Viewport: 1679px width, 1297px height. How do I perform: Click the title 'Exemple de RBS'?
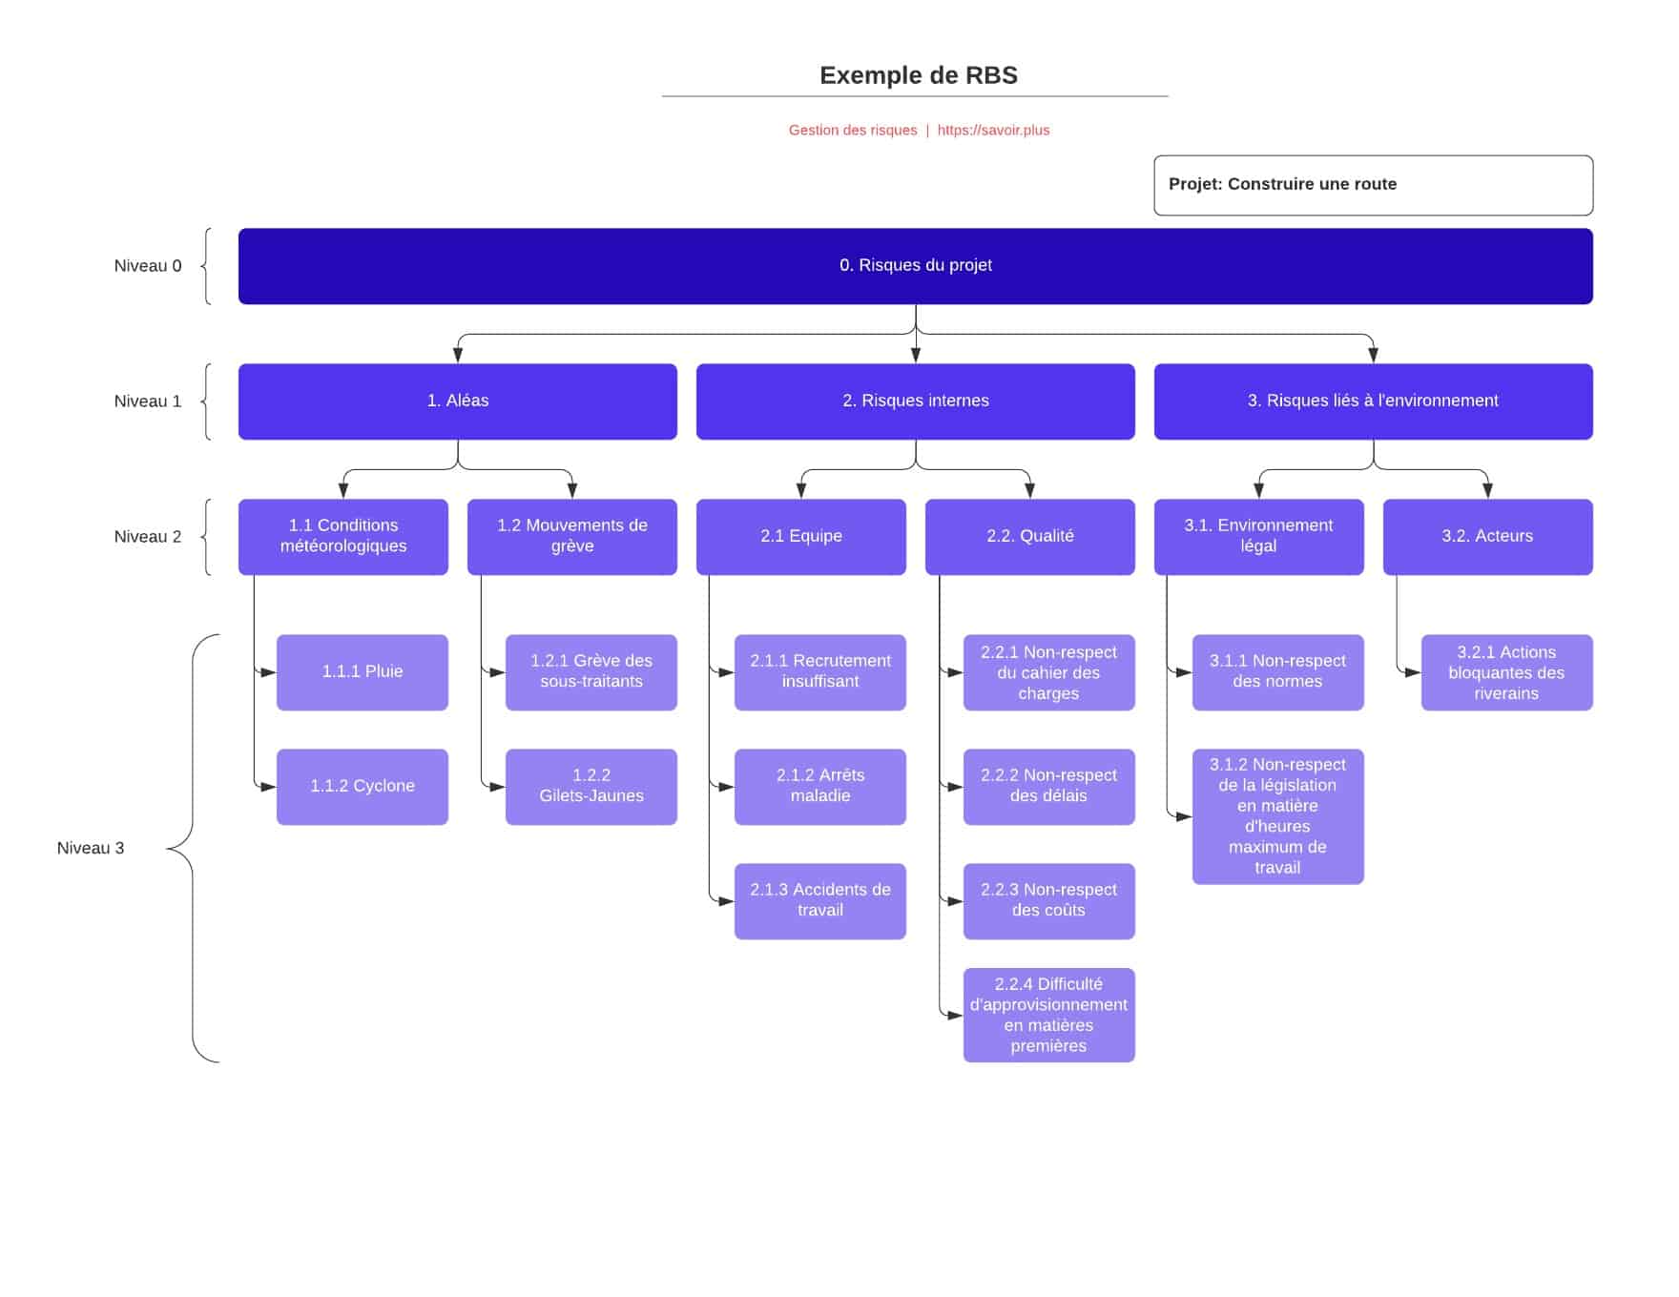click(918, 75)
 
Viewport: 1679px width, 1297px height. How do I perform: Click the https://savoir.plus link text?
click(993, 130)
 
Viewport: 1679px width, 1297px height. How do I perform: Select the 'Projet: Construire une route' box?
click(1372, 185)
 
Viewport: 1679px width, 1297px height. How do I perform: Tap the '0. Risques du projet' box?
click(915, 266)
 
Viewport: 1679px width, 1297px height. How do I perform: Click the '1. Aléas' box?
click(457, 401)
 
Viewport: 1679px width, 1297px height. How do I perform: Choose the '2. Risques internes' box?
click(915, 401)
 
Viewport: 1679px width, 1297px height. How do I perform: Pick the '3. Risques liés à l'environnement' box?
click(1372, 401)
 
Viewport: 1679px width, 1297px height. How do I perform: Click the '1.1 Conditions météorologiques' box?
click(342, 536)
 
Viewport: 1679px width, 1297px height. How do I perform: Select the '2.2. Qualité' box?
click(1029, 536)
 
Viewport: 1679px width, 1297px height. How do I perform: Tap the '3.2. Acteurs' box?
click(1486, 536)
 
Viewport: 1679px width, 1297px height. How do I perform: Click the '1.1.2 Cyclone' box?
click(362, 786)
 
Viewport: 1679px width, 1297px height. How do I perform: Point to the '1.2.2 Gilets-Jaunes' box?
click(591, 786)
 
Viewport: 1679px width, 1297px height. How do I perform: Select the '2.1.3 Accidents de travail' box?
click(819, 900)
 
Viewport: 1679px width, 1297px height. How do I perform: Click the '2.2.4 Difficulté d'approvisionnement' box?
click(1048, 1015)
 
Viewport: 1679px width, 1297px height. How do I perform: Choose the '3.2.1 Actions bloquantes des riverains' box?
click(1505, 672)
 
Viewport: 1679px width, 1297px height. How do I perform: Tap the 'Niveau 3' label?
click(91, 848)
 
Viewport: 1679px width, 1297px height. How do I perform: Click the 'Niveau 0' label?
click(148, 266)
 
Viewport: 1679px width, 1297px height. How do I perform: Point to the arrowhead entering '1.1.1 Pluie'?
click(269, 672)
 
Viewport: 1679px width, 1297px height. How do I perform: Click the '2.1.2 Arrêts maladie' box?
click(819, 786)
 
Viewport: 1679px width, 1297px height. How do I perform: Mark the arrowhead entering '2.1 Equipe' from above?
click(801, 491)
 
